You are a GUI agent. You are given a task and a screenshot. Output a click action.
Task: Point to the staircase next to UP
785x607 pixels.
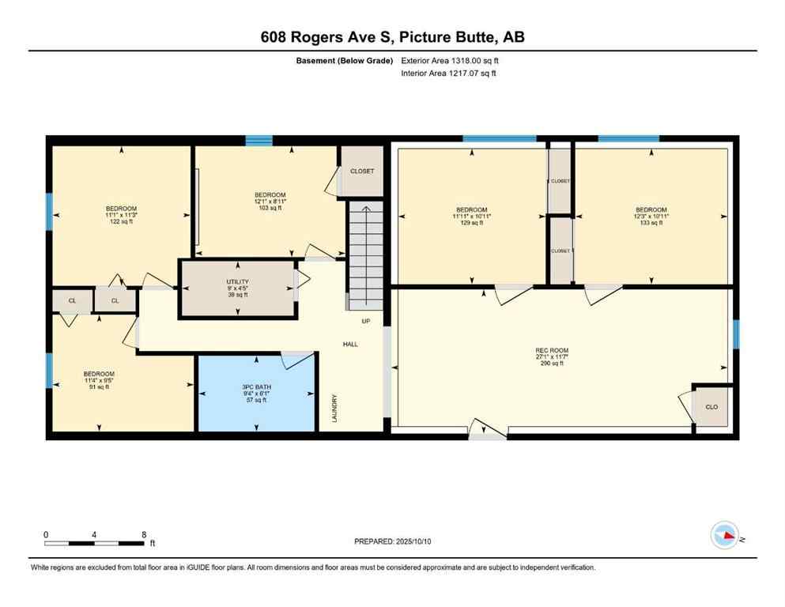(x=366, y=257)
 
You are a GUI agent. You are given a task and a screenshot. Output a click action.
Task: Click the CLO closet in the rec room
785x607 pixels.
(x=711, y=407)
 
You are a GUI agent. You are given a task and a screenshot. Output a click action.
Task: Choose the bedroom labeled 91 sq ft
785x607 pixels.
(x=99, y=380)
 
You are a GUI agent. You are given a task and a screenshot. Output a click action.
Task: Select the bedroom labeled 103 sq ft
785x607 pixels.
(x=270, y=201)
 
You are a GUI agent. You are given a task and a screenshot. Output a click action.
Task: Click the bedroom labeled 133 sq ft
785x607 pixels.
(x=651, y=216)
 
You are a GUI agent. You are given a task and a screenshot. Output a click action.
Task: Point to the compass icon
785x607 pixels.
(x=724, y=535)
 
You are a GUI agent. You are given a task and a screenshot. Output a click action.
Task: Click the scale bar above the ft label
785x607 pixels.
(x=94, y=543)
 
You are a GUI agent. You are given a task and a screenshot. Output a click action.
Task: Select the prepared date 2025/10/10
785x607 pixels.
(x=392, y=541)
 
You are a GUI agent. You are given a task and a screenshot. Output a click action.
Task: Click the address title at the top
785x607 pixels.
(x=392, y=36)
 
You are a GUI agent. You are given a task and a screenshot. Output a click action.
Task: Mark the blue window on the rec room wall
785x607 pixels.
(x=736, y=334)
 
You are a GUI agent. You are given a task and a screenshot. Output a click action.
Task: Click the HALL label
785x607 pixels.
(x=350, y=345)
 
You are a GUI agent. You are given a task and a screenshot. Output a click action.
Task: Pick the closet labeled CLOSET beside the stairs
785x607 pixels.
(x=362, y=172)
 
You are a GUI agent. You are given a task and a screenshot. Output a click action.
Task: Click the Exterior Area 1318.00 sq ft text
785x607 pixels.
(x=450, y=60)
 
